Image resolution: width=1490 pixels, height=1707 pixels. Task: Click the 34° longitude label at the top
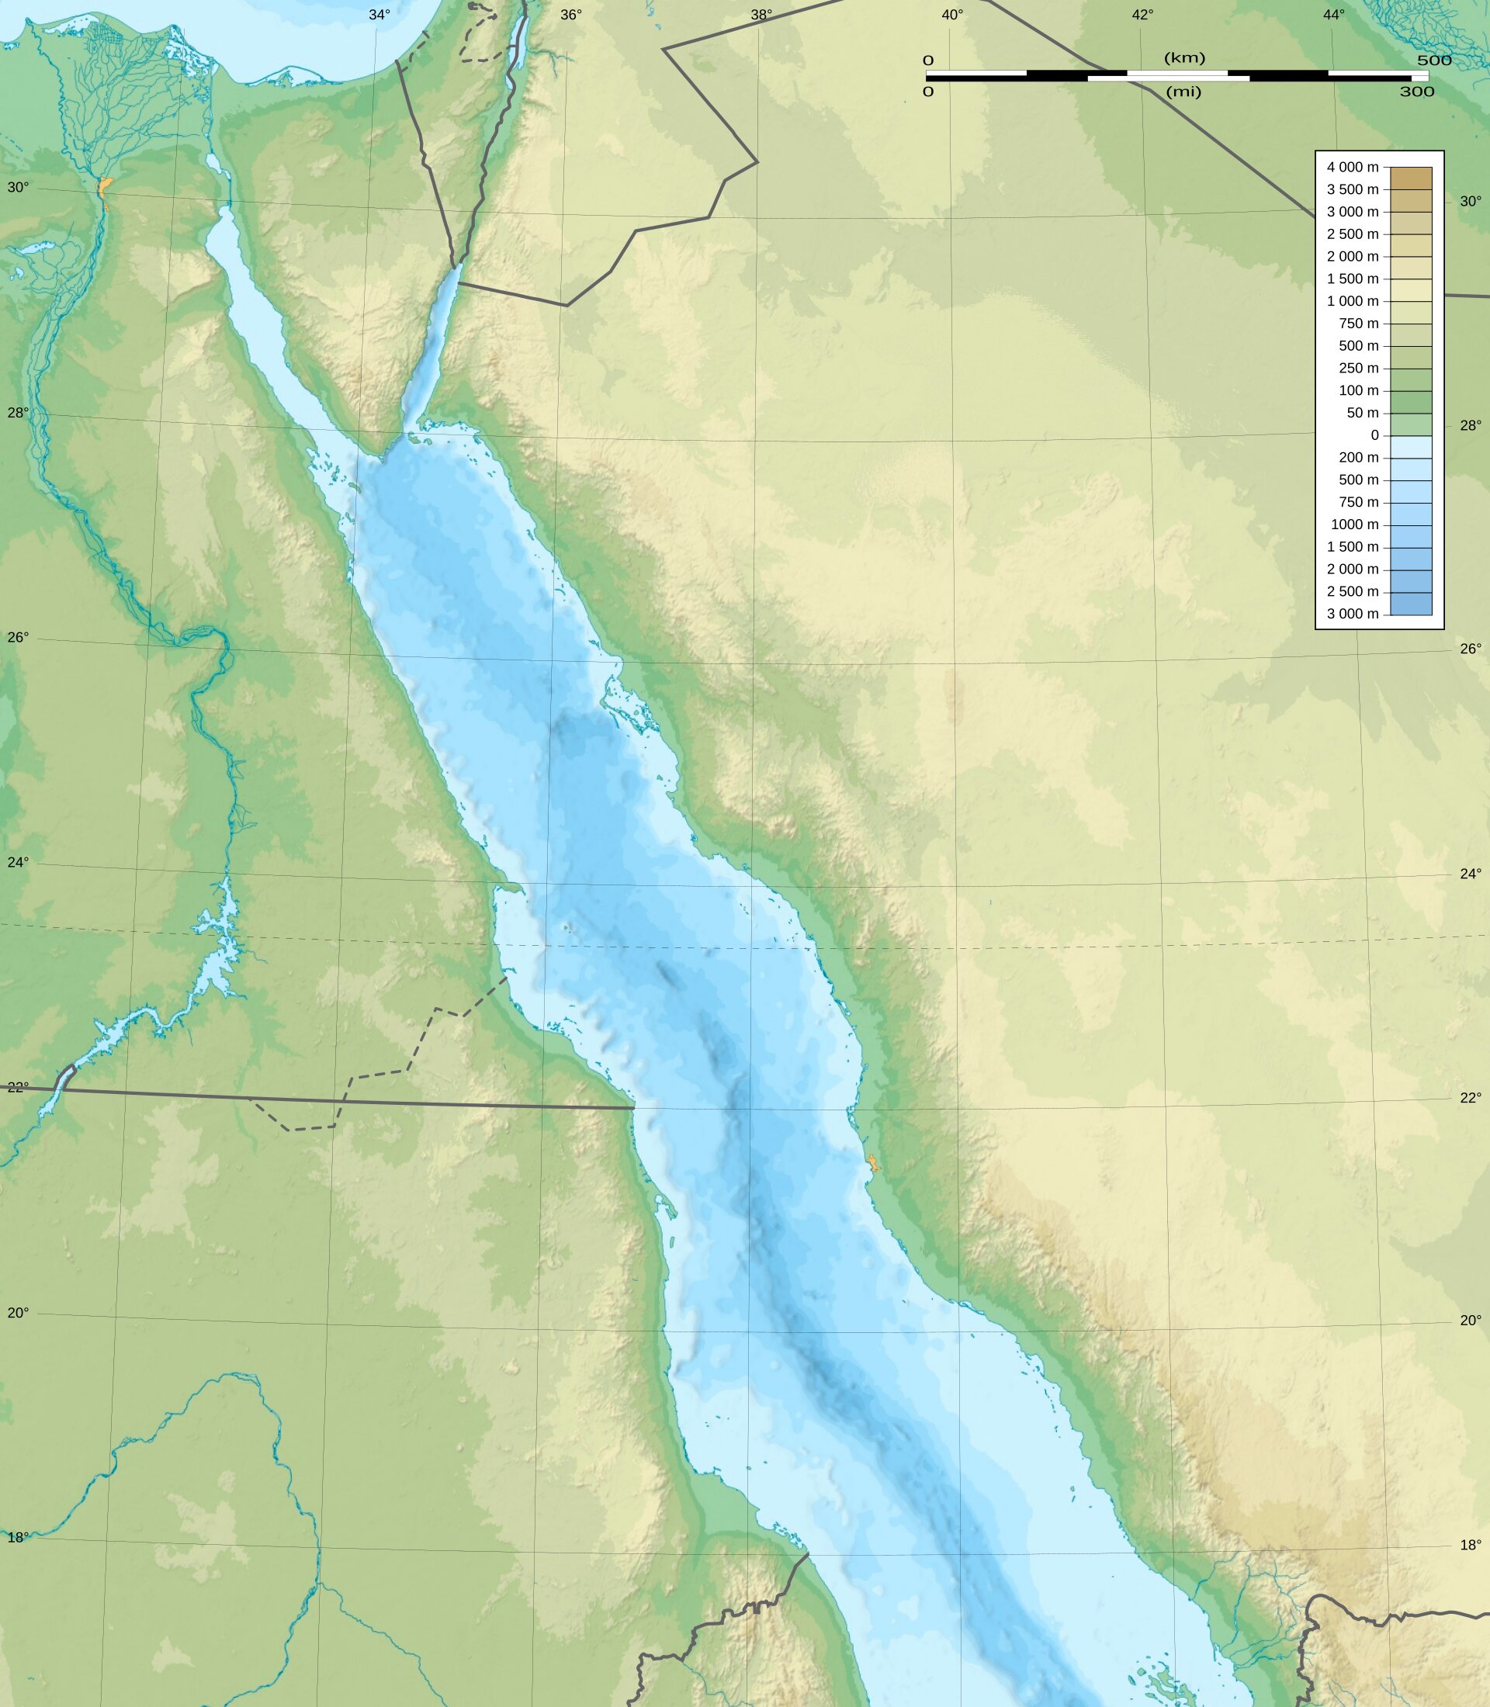(379, 15)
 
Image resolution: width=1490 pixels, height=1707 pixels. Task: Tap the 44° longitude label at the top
(1334, 15)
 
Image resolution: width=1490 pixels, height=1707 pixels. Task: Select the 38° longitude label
(761, 15)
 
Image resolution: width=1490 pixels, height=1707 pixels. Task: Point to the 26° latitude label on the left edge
(17, 638)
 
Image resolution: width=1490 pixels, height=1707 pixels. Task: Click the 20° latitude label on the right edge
(1471, 1321)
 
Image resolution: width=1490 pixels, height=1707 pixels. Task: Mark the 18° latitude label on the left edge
(17, 1537)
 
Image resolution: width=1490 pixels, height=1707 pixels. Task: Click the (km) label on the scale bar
(1184, 58)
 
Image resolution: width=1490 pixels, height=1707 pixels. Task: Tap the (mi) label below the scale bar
(1183, 92)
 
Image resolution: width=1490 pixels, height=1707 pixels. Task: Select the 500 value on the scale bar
(1434, 61)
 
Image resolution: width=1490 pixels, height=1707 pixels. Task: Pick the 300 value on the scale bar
(1417, 92)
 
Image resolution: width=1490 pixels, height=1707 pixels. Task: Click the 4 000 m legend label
(1352, 167)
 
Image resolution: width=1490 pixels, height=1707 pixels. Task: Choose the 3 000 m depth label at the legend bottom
(1352, 614)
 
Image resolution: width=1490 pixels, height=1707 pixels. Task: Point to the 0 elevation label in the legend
(1374, 435)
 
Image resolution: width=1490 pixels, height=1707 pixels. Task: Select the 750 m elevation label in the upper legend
(1358, 324)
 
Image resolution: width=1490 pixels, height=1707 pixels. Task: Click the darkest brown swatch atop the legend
(1411, 178)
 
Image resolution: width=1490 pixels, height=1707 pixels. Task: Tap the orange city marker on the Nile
(103, 188)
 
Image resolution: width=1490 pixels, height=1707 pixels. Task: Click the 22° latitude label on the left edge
(17, 1087)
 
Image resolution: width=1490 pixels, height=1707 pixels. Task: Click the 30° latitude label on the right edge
(1471, 201)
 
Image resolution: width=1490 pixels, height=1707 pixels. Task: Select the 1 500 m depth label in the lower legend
(1352, 547)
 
